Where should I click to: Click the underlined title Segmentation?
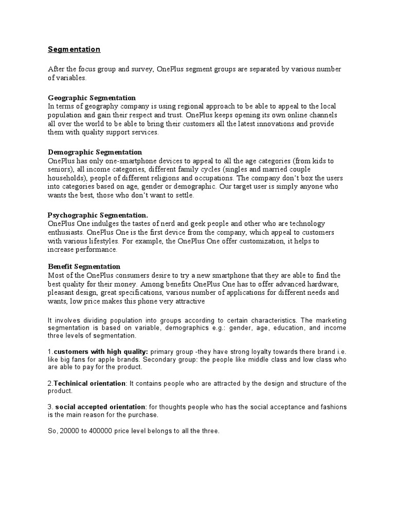point(74,49)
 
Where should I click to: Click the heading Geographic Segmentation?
point(92,98)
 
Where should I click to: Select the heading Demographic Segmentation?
point(95,152)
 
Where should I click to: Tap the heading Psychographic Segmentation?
point(97,215)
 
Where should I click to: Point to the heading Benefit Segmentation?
point(84,267)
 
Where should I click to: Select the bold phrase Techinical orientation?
point(89,383)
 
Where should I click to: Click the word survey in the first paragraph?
point(140,69)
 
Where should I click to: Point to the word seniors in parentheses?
point(58,169)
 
